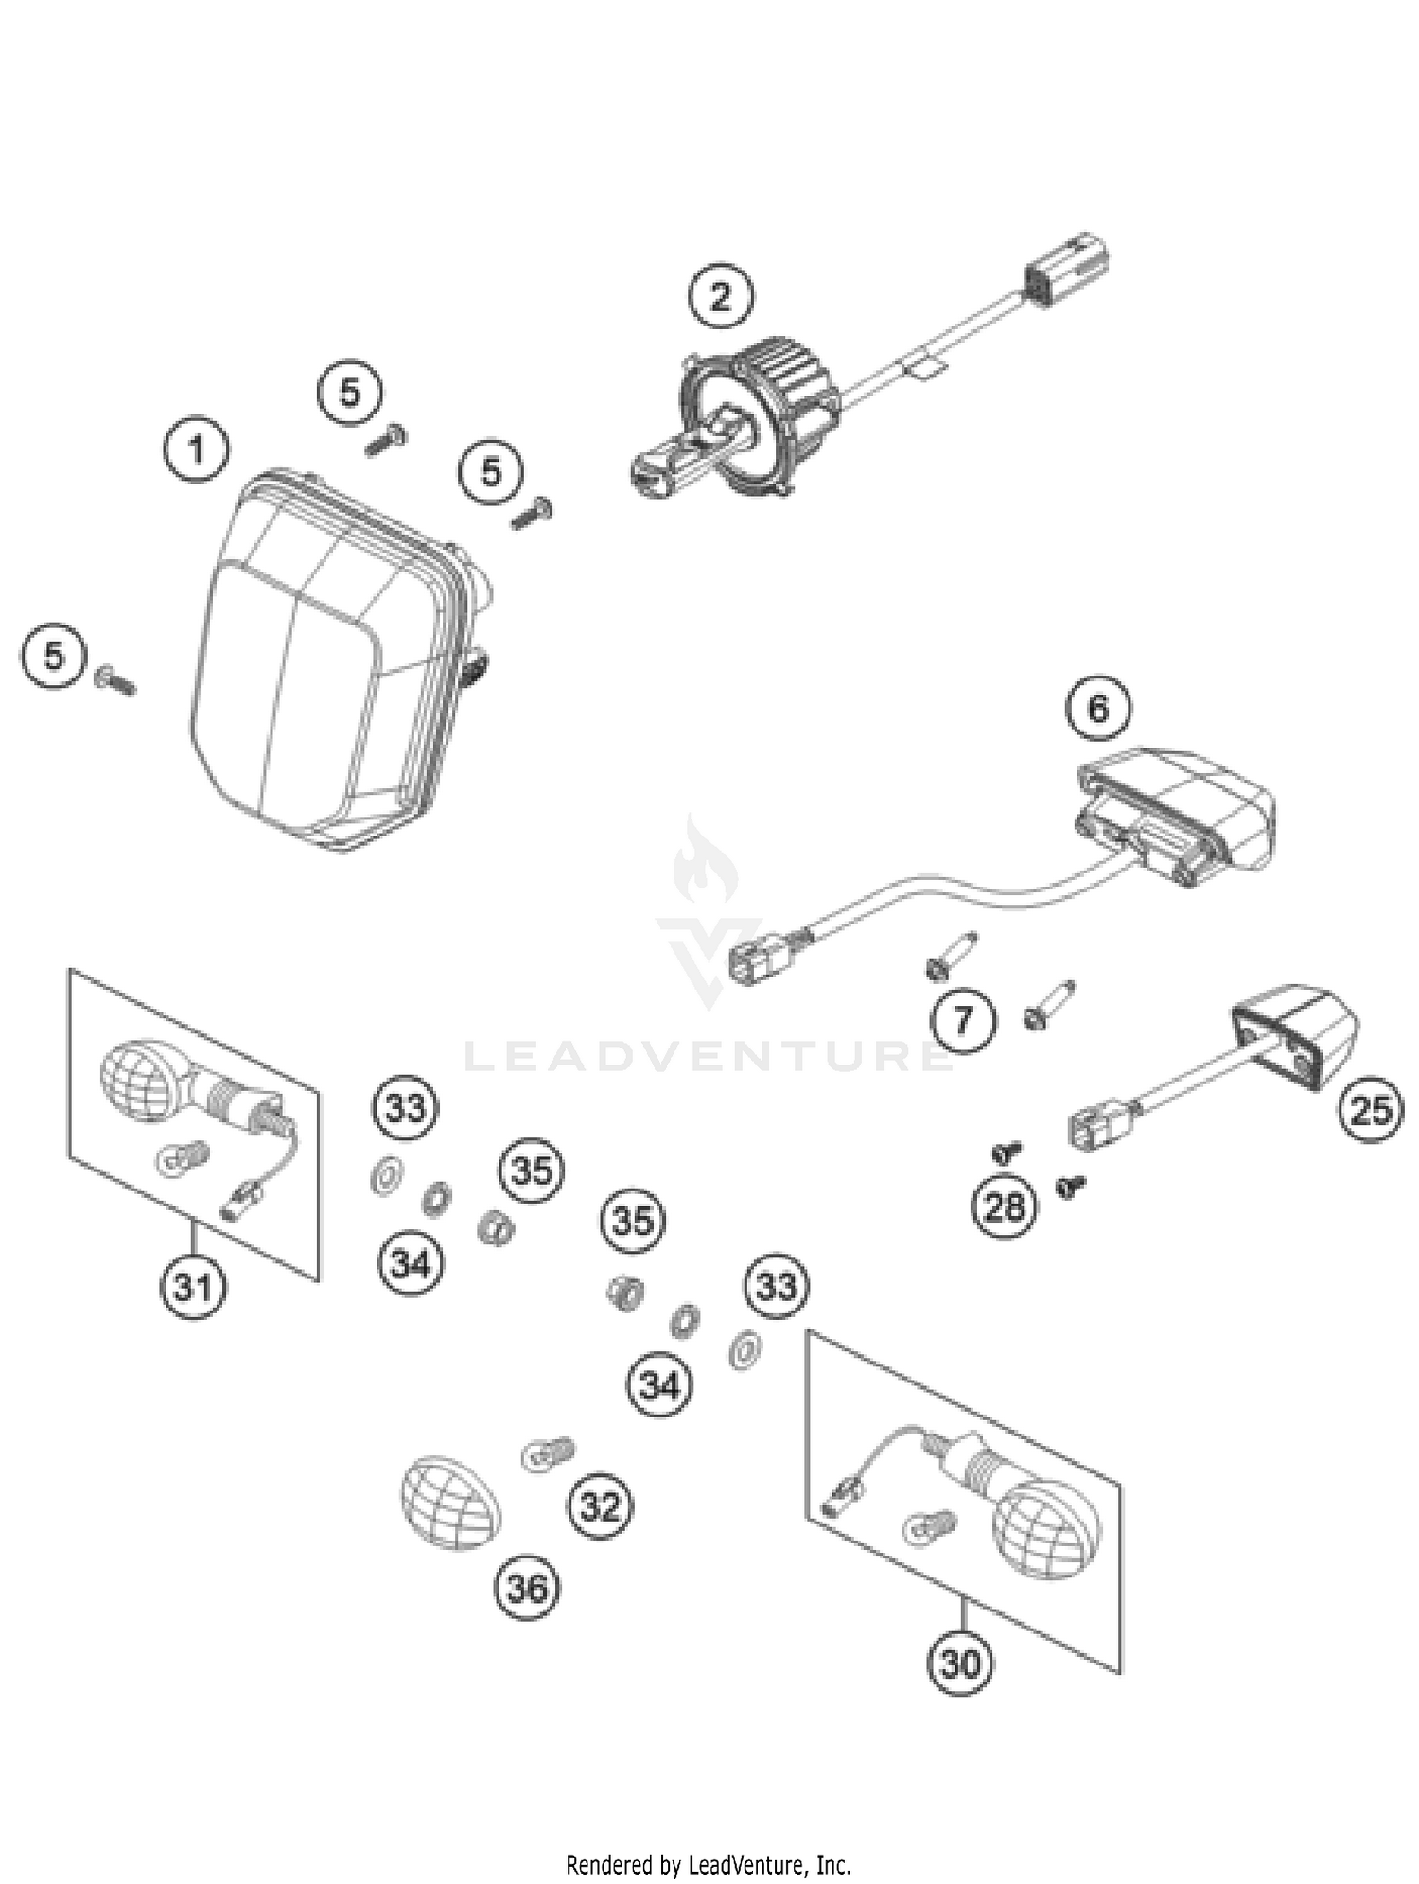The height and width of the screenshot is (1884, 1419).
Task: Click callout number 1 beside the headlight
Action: click(x=197, y=449)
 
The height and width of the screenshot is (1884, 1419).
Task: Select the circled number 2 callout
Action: click(x=721, y=297)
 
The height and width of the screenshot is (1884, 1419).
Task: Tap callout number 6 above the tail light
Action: click(x=1097, y=708)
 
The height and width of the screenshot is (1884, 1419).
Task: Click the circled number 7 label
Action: click(x=963, y=1021)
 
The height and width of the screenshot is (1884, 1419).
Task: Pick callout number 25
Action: click(x=1371, y=1110)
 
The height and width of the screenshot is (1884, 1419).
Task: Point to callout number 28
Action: click(x=1005, y=1206)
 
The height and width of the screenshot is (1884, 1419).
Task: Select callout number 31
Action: click(x=193, y=1287)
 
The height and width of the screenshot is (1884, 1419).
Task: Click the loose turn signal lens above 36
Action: click(x=450, y=1503)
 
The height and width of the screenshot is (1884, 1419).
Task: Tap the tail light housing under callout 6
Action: click(x=1182, y=814)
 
